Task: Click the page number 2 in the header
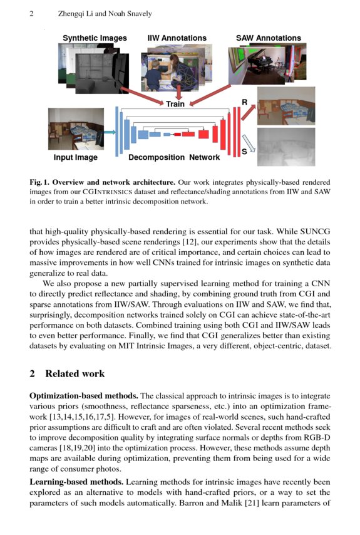click(x=31, y=14)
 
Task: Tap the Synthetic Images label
click(x=95, y=38)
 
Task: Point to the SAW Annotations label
click(x=268, y=38)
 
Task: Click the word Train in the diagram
click(x=175, y=104)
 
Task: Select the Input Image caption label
click(x=76, y=158)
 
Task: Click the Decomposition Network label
click(x=165, y=158)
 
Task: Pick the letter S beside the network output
click(x=244, y=152)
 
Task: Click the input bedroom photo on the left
click(x=76, y=129)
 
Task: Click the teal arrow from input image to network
click(x=109, y=132)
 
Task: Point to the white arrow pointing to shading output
click(x=249, y=143)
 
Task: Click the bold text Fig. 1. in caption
click(x=42, y=182)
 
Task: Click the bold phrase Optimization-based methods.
click(x=83, y=397)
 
